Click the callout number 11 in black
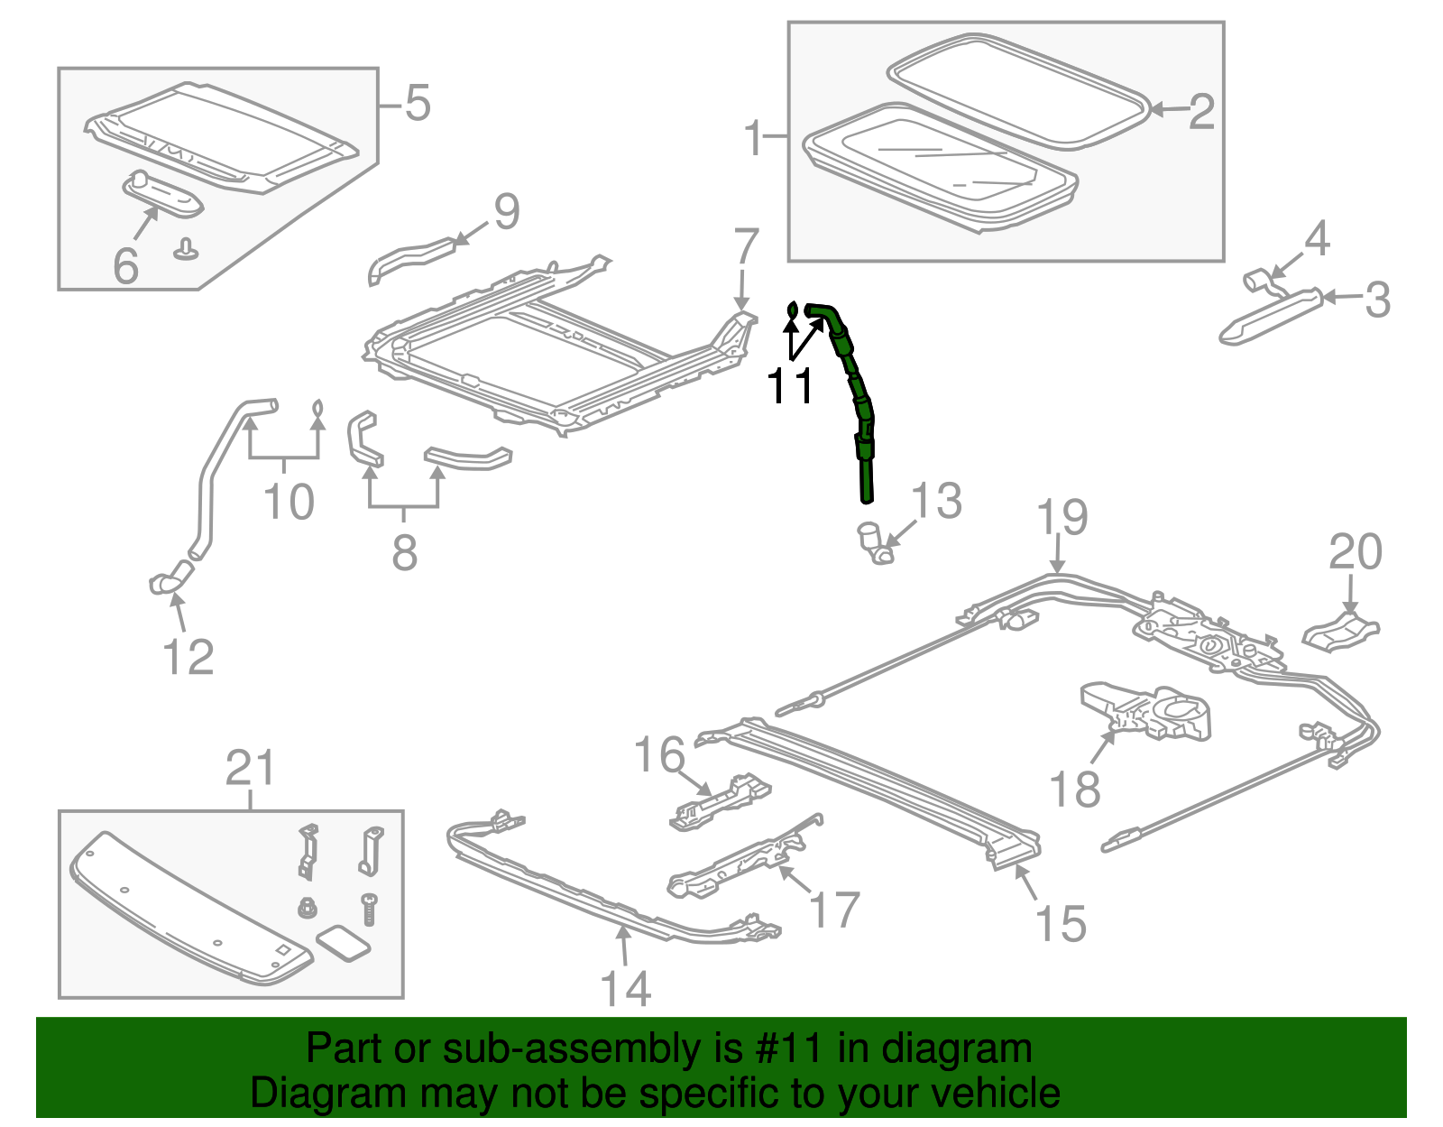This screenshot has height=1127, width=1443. pyautogui.click(x=789, y=386)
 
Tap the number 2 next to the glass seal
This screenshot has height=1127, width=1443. pyautogui.click(x=1201, y=112)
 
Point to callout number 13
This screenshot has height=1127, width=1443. pyautogui.click(x=936, y=501)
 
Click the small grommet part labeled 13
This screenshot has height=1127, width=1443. pyautogui.click(x=873, y=542)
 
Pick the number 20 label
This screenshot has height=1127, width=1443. pyautogui.click(x=1355, y=552)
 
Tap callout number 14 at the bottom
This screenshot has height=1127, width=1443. pyautogui.click(x=625, y=989)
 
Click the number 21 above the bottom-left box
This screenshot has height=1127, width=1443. pyautogui.click(x=250, y=769)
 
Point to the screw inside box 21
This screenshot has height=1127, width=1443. pyautogui.click(x=369, y=909)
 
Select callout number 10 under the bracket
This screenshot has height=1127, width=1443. pyautogui.click(x=289, y=502)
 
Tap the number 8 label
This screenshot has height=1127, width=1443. pyautogui.click(x=404, y=552)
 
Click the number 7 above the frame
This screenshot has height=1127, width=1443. pyautogui.click(x=746, y=245)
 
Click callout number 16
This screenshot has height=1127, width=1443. pyautogui.click(x=659, y=754)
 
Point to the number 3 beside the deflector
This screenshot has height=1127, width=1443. pyautogui.click(x=1377, y=300)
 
